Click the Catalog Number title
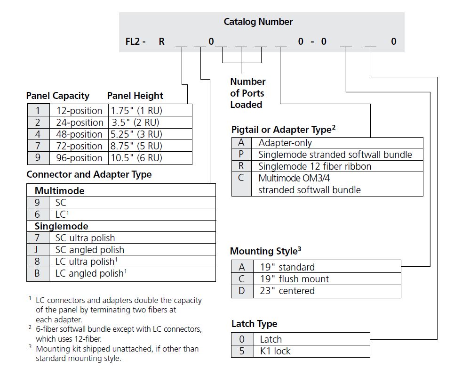point(258,22)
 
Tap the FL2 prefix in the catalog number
point(133,41)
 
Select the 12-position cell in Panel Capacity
point(79,110)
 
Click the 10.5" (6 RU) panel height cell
point(136,157)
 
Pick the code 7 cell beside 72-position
point(38,146)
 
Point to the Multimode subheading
point(60,190)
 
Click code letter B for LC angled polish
point(37,273)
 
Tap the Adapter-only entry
point(285,143)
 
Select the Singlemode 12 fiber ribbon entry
point(315,166)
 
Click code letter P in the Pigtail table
point(241,154)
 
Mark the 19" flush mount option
point(295,279)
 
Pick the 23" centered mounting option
point(287,291)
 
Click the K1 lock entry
point(275,351)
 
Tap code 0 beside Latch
point(242,339)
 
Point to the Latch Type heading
point(254,324)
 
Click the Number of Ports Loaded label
point(248,93)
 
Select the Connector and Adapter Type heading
point(89,174)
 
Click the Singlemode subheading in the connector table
point(62,226)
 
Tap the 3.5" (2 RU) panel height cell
point(135,123)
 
